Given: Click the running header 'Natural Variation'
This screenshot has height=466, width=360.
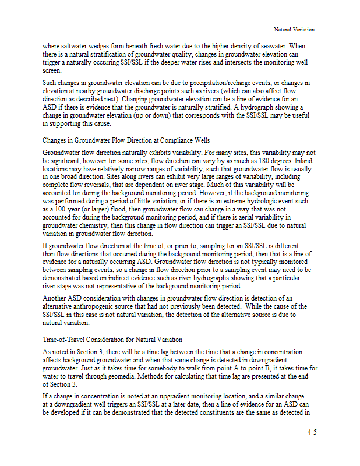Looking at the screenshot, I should (294, 29).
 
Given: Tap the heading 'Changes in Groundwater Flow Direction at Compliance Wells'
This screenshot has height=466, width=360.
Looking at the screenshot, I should (126, 140).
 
